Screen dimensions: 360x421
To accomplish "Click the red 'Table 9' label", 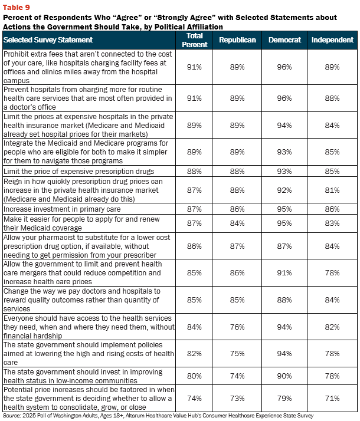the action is [x=16, y=7].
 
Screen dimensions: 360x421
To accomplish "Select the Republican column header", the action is [x=237, y=40].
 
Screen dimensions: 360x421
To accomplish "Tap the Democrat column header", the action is [x=284, y=40].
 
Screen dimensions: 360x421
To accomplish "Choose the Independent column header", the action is [x=332, y=40].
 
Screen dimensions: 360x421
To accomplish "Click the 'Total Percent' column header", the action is [x=195, y=40].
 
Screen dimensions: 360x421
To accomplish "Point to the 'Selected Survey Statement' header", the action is [x=48, y=40].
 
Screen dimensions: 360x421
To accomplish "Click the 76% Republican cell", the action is [x=237, y=327].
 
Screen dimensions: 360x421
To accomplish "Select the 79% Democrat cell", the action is [x=284, y=398].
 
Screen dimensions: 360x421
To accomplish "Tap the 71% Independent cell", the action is [x=332, y=398].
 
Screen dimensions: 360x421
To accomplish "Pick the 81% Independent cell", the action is [x=332, y=190].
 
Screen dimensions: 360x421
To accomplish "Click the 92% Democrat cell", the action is [x=284, y=190].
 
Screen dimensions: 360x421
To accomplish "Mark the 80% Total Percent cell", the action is [x=194, y=376].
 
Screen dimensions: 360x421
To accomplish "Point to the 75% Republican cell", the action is [x=237, y=354].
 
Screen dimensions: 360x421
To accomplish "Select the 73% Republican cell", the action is [x=237, y=398].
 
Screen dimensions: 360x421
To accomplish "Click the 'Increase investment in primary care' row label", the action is [x=62, y=209].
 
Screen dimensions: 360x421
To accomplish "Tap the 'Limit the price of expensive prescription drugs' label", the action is [x=78, y=172].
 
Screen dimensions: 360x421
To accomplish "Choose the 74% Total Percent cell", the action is [x=194, y=398].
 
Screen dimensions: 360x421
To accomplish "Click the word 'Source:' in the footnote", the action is [x=12, y=416].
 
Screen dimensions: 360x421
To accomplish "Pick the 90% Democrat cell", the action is [x=284, y=376].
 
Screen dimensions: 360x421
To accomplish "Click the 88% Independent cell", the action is [x=332, y=98].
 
